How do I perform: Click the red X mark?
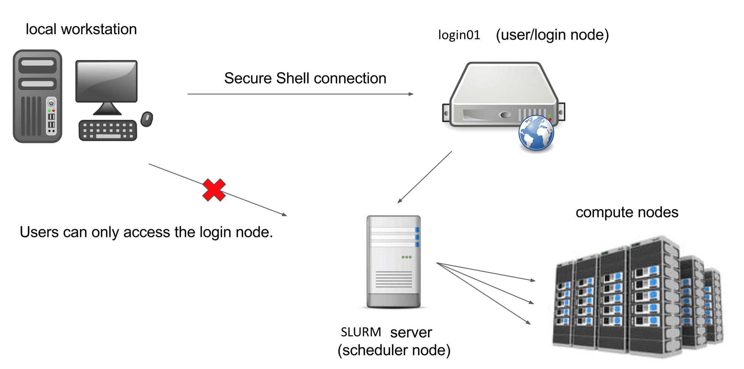214,190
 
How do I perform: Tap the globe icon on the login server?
536,133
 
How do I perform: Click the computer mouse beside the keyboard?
147,119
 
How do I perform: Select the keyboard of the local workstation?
108,130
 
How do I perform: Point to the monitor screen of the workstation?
106,81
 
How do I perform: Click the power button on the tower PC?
51,103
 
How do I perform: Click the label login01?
459,35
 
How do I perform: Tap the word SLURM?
361,332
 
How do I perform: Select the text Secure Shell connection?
305,78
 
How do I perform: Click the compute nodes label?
627,212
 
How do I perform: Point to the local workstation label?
81,29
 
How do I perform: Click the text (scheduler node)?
394,350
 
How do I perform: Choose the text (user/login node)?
552,35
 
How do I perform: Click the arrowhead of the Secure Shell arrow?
411,94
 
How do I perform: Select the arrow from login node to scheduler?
424,177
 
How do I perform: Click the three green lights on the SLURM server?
407,257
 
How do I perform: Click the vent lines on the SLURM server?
394,280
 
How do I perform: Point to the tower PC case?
37,96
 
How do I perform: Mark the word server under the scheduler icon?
411,333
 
